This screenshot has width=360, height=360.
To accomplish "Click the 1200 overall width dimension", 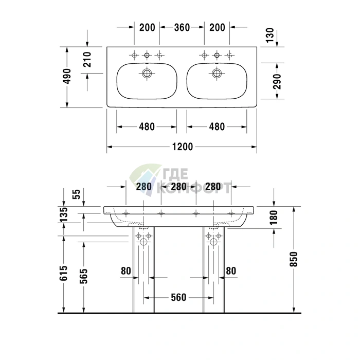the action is pyautogui.click(x=183, y=147).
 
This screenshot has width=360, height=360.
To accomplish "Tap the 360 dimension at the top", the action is pyautogui.click(x=182, y=27).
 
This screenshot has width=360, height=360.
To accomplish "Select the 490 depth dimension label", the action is pyautogui.click(x=67, y=76).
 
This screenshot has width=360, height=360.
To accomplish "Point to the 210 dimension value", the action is pyautogui.click(x=87, y=60).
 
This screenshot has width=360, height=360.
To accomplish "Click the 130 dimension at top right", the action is pyautogui.click(x=270, y=35).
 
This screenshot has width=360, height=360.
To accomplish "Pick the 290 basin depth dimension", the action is pyautogui.click(x=277, y=81).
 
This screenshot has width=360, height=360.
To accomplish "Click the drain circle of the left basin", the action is pyautogui.click(x=147, y=74).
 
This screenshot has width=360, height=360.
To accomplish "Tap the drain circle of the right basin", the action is pyautogui.click(x=217, y=74).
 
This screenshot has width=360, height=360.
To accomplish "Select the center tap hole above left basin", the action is pyautogui.click(x=147, y=55).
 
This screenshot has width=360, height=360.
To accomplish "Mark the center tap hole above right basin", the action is pyautogui.click(x=217, y=55).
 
